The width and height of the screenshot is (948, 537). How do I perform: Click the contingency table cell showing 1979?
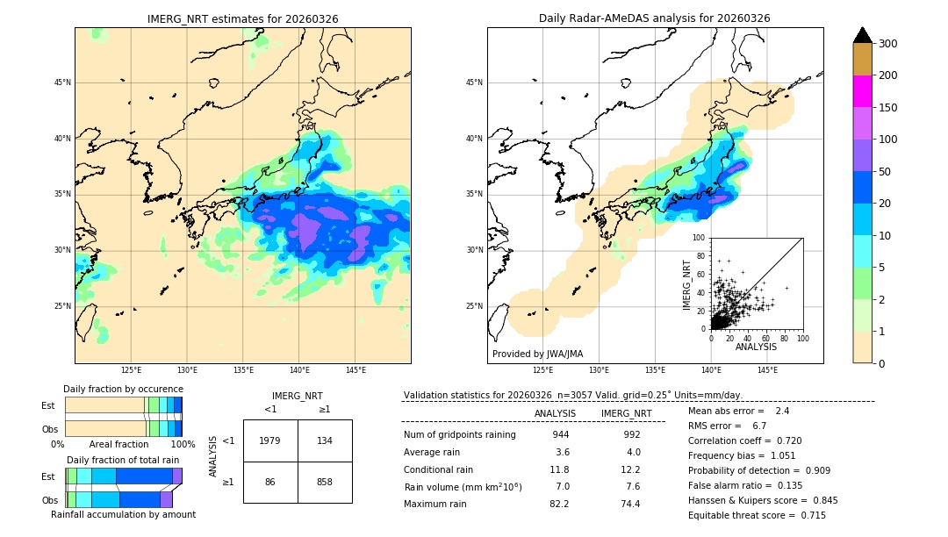pos(270,440)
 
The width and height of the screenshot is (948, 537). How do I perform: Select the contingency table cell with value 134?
pos(325,440)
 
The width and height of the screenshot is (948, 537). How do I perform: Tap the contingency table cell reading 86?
pos(270,482)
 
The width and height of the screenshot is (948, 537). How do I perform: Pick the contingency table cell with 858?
pos(325,482)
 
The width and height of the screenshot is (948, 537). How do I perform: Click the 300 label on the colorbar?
pos(889,44)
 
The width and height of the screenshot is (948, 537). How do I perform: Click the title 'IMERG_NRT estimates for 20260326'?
pos(242,18)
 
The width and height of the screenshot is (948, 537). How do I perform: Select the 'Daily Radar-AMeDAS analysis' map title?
pos(654,18)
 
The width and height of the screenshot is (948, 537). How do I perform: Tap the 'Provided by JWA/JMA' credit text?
pos(537,354)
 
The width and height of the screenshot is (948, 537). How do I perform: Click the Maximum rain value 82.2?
pos(559,504)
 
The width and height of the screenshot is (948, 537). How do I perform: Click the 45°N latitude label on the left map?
pos(62,82)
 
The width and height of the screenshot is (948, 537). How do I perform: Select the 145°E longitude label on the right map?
pos(768,370)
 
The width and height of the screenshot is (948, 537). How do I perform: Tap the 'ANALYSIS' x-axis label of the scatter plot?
pos(756,347)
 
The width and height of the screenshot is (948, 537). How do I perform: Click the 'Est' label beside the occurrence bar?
pos(48,405)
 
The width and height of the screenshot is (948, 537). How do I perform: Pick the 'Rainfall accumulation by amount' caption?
pos(123,514)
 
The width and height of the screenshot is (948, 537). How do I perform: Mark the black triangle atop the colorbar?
pos(863,35)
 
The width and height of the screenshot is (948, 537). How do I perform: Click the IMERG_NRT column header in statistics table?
pos(626,413)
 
